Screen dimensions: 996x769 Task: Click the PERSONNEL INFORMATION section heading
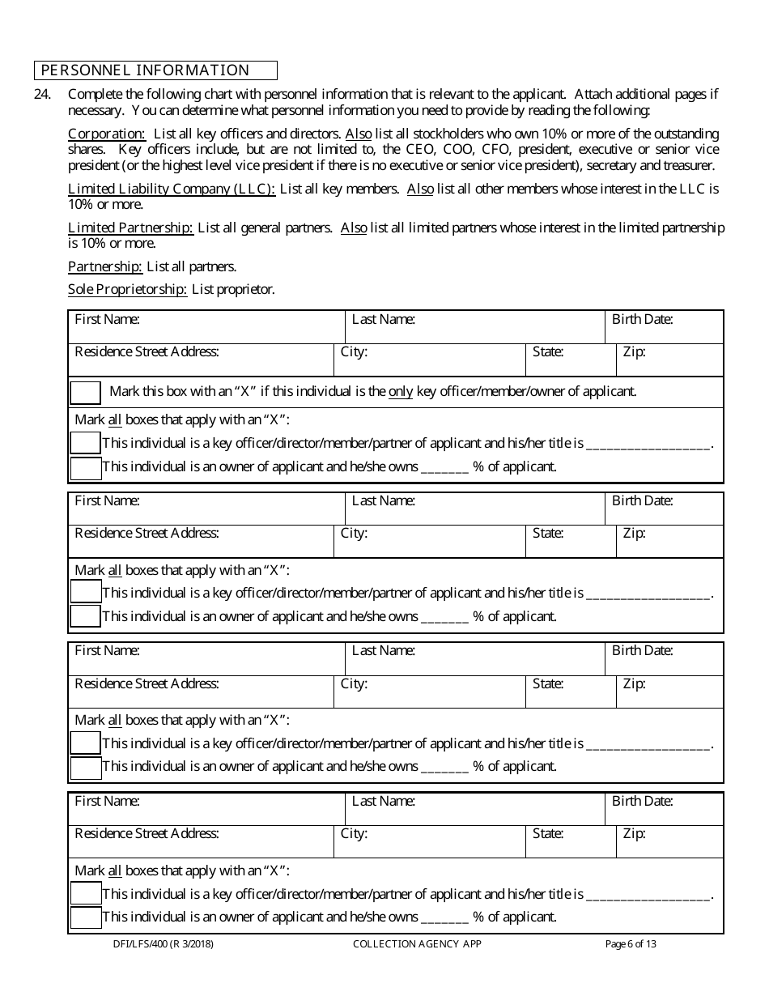point(146,70)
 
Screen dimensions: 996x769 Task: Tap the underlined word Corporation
point(106,134)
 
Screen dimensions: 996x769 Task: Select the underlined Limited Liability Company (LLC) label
point(172,189)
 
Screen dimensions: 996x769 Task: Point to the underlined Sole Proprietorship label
point(127,289)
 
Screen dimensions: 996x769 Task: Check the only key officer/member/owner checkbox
point(85,393)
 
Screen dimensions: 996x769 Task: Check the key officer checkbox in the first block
point(85,443)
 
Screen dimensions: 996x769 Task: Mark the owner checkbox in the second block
point(85,616)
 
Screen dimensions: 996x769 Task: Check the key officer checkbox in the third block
point(85,743)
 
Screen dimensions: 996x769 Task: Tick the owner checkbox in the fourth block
point(85,917)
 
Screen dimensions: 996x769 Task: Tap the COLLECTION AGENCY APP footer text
point(417,943)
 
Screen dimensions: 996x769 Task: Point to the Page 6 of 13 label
point(631,943)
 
